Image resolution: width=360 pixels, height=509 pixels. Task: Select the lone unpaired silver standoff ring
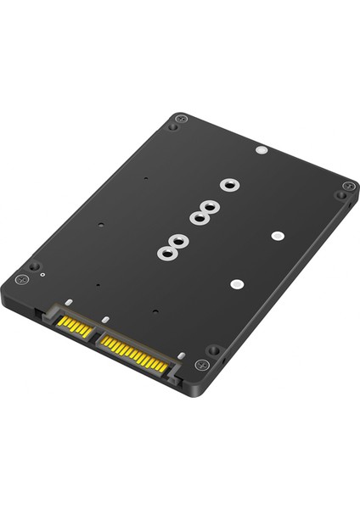coord(228,184)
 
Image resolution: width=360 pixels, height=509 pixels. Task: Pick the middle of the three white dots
coord(277,235)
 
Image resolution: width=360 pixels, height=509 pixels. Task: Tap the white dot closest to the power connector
coord(237,285)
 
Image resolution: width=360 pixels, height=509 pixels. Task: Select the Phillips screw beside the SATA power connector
coord(201,365)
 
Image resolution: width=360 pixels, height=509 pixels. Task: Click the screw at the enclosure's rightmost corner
coord(348,186)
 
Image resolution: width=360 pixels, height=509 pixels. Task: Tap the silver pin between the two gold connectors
coord(104,320)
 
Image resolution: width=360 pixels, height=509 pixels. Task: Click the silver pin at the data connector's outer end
coord(66,300)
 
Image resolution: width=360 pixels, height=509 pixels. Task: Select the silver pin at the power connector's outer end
coord(181,355)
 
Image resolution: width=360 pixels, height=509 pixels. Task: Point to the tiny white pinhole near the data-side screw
coord(42,276)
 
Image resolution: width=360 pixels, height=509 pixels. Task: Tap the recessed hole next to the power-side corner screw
coord(214,350)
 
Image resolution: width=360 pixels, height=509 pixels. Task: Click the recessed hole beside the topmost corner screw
coord(172,127)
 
